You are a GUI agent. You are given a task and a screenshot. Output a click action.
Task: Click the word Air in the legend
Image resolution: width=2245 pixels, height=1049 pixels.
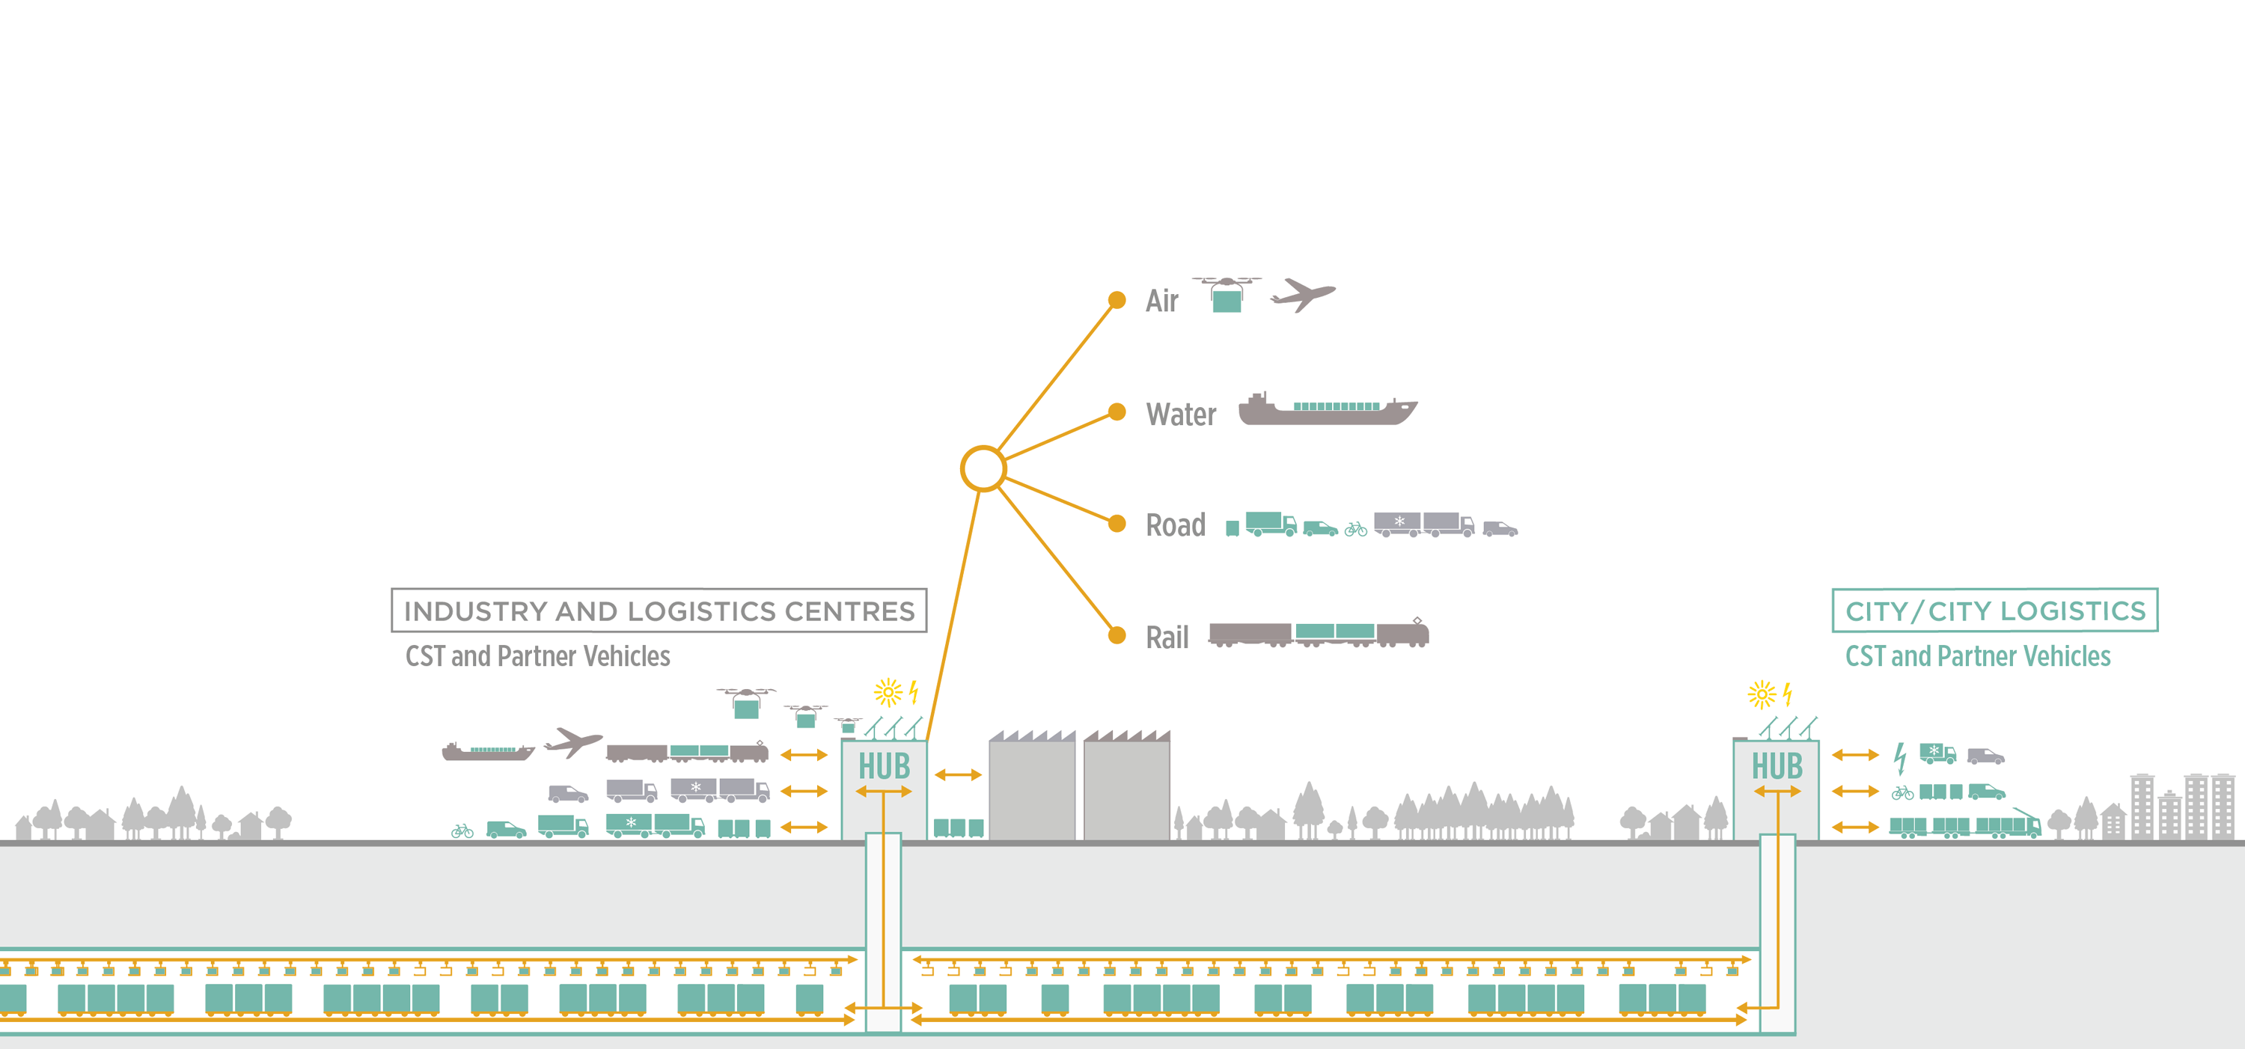[1161, 301]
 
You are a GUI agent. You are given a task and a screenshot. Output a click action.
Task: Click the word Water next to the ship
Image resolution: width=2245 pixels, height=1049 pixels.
[1181, 414]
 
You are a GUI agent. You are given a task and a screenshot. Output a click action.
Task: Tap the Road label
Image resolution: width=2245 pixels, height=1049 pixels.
[1176, 525]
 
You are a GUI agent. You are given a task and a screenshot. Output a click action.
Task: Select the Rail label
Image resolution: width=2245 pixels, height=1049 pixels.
[1167, 637]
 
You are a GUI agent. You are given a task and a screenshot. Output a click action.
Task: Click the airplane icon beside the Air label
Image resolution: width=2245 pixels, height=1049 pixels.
[1302, 295]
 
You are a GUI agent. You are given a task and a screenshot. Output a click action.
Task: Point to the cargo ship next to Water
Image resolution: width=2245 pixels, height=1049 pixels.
[1328, 409]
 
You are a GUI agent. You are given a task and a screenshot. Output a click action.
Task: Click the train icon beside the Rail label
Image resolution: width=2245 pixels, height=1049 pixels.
[1318, 634]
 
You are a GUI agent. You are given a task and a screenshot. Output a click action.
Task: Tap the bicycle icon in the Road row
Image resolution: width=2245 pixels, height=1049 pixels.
[1355, 529]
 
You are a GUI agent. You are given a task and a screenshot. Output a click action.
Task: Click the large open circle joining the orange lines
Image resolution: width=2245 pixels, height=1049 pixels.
[983, 468]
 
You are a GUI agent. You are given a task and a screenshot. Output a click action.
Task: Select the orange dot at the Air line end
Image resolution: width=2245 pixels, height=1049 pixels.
[1117, 301]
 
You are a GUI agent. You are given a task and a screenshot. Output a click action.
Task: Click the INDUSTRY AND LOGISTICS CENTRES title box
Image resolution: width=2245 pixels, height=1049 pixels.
[659, 611]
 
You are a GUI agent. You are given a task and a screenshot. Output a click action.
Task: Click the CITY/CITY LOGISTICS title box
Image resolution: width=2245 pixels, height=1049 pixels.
[1995, 611]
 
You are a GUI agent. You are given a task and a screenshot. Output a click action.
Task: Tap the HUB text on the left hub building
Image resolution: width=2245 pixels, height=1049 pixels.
[884, 767]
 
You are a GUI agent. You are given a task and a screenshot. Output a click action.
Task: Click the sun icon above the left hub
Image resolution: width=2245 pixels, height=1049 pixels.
[888, 693]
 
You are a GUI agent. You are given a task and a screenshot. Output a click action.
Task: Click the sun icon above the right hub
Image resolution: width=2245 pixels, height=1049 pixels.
[1762, 694]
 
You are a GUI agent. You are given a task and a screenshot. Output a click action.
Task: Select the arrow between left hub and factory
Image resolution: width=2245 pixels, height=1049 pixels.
[958, 774]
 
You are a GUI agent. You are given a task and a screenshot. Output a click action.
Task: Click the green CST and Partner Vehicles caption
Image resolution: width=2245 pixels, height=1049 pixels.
[1977, 656]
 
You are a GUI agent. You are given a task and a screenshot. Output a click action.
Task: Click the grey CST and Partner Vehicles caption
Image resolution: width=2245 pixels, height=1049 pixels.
[538, 656]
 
